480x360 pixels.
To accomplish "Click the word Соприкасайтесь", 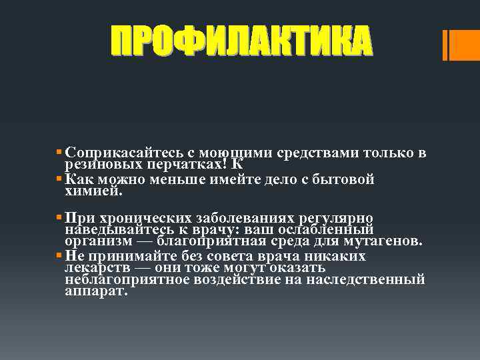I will coord(115,153).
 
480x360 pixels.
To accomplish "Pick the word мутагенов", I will coord(382,240).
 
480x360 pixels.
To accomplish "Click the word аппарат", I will coord(95,291).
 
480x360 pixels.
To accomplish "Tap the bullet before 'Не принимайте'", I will coord(60,256).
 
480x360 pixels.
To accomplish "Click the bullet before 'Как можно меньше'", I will coord(60,179).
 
